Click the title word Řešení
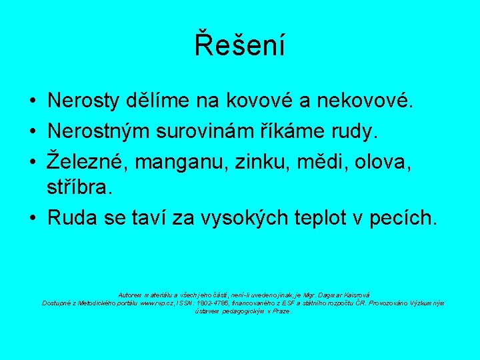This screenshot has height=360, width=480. [239, 45]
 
